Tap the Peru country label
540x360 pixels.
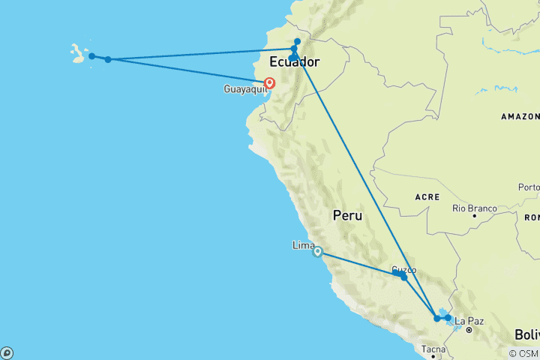click(348, 216)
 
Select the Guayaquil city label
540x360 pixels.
click(244, 89)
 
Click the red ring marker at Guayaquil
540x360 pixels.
click(269, 84)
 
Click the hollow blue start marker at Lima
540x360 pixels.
click(318, 252)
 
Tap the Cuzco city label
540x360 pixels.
click(404, 270)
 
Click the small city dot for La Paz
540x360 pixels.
click(468, 330)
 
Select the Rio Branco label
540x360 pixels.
click(474, 208)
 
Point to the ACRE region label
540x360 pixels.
click(426, 196)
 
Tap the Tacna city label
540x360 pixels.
click(433, 349)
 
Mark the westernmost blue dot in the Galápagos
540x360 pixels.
click(91, 56)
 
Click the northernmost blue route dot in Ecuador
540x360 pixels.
click(298, 41)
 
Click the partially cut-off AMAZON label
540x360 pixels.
click(520, 117)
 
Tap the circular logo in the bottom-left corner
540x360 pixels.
click(7, 352)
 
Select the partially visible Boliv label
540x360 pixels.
click(526, 334)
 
